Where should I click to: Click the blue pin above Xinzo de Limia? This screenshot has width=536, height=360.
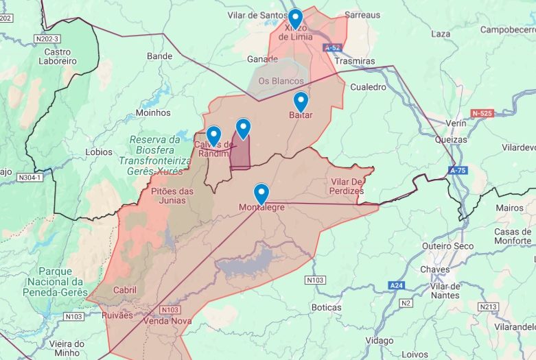pos(295,18)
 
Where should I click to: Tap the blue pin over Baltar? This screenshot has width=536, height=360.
pos(301,101)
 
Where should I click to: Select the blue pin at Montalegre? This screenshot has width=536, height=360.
pos(261,193)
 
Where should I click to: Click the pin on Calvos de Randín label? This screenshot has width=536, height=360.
pos(213,136)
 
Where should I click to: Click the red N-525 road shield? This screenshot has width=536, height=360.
pos(483,112)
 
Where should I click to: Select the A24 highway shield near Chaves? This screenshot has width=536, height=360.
pos(396,285)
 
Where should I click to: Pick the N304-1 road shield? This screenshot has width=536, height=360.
pos(30,178)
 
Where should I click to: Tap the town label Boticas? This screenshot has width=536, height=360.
pos(326,307)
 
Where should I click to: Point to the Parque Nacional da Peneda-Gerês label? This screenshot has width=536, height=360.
pos(54,282)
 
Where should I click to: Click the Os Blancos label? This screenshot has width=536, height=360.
pos(281,81)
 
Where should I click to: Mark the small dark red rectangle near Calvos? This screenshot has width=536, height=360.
pos(240,152)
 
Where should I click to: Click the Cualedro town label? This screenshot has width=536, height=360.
pos(369,87)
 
